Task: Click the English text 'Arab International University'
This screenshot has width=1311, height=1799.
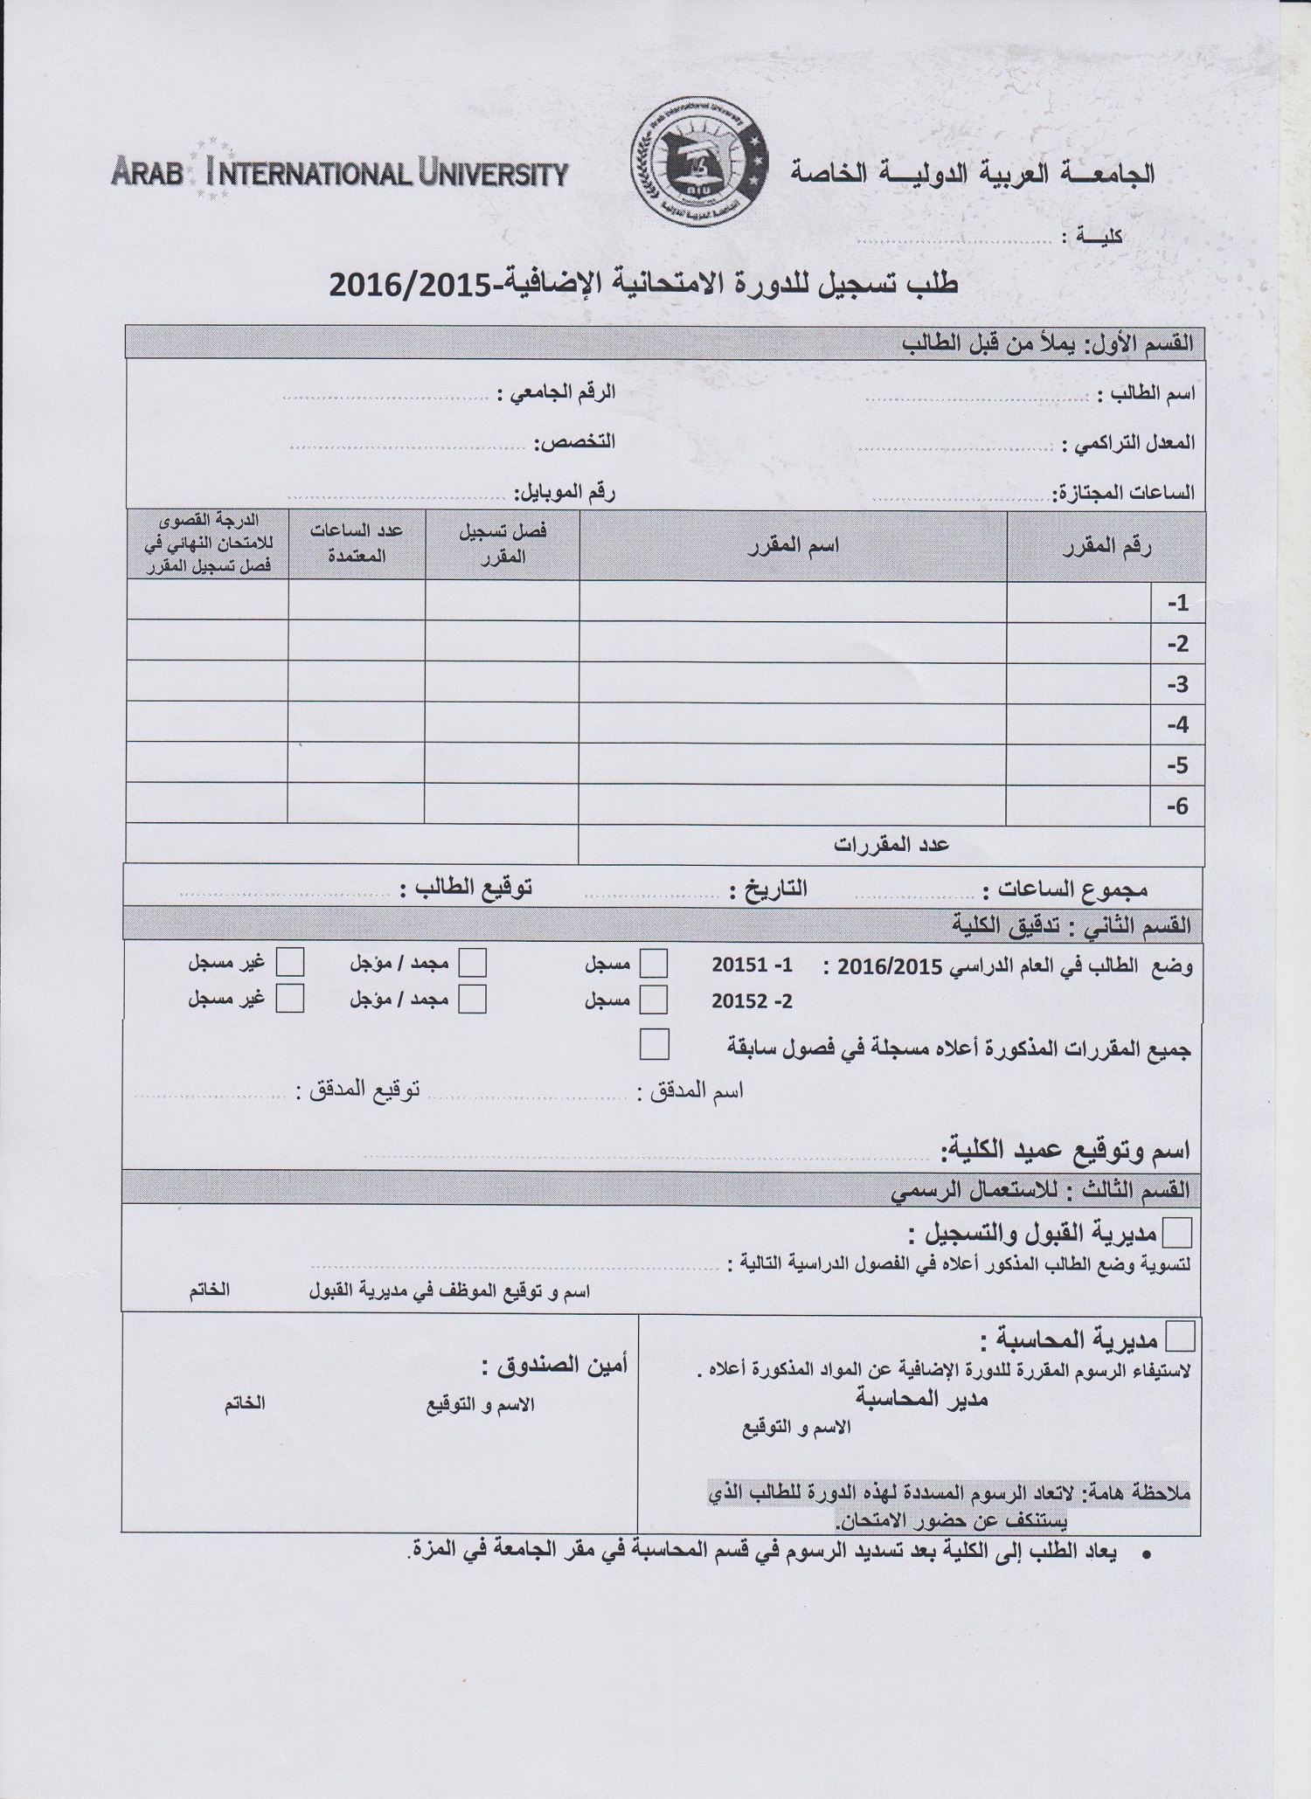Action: pyautogui.click(x=340, y=172)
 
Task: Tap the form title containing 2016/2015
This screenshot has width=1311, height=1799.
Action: pyautogui.click(x=643, y=285)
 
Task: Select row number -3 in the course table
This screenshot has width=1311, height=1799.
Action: pyautogui.click(x=1177, y=684)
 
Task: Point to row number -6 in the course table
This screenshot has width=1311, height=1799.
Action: pyautogui.click(x=1177, y=806)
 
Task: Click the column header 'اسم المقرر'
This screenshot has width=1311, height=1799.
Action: pyautogui.click(x=794, y=546)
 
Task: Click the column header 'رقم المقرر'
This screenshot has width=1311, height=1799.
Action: pyautogui.click(x=1106, y=547)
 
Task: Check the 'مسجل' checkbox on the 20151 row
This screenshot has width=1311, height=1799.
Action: pyautogui.click(x=654, y=964)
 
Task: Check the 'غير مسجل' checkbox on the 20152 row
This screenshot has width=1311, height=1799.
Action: pyautogui.click(x=290, y=998)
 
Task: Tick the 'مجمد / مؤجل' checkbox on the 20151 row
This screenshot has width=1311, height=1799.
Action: pyautogui.click(x=473, y=963)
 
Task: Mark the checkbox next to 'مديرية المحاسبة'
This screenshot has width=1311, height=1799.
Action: pyautogui.click(x=1181, y=1337)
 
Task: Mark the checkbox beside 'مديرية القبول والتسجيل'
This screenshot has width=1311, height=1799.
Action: pyautogui.click(x=1178, y=1233)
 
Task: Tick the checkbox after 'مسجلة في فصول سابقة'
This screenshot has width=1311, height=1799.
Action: pyautogui.click(x=655, y=1044)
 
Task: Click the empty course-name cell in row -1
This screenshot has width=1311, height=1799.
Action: pyautogui.click(x=793, y=602)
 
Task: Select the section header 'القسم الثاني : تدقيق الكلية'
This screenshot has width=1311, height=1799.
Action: pyautogui.click(x=1071, y=924)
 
